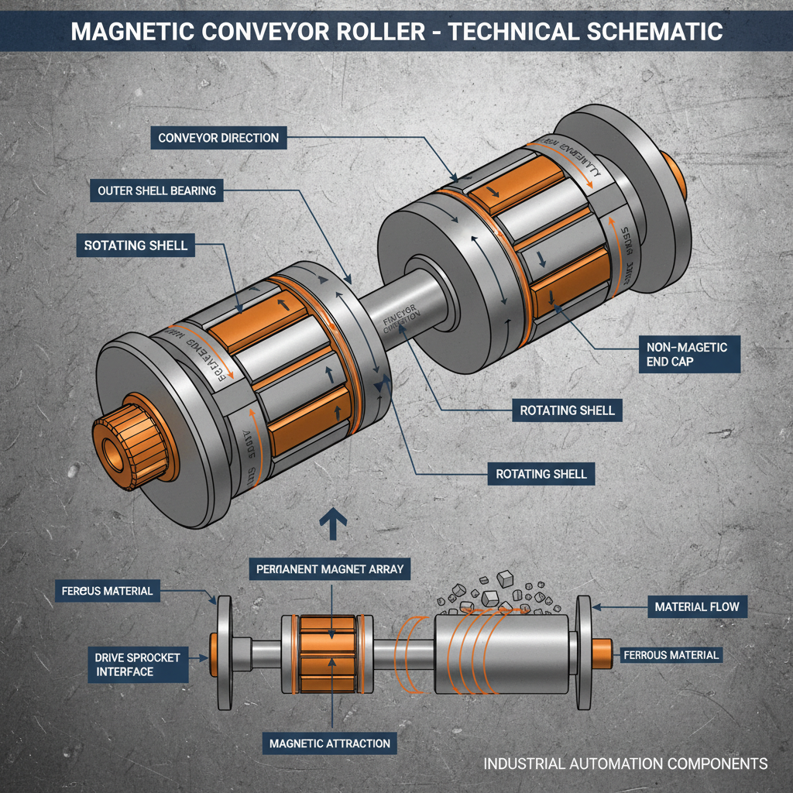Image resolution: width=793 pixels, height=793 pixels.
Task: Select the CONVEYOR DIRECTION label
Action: click(218, 138)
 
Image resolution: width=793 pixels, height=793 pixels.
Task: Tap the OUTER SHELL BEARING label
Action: click(156, 190)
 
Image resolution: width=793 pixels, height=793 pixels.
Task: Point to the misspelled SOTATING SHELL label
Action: click(136, 245)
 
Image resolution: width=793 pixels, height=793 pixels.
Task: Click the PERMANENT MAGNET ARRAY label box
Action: click(331, 569)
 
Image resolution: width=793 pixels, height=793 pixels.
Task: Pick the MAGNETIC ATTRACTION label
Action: click(330, 743)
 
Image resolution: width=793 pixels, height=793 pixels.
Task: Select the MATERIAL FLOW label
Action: click(697, 606)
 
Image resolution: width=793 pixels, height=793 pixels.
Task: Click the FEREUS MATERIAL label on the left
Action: click(107, 591)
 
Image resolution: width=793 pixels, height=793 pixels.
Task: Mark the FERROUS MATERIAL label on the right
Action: click(671, 655)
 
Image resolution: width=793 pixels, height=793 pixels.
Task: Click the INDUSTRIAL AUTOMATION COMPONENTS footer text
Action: click(626, 764)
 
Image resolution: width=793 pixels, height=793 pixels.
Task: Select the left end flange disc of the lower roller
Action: click(225, 652)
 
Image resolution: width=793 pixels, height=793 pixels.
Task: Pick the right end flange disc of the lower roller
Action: click(583, 652)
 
